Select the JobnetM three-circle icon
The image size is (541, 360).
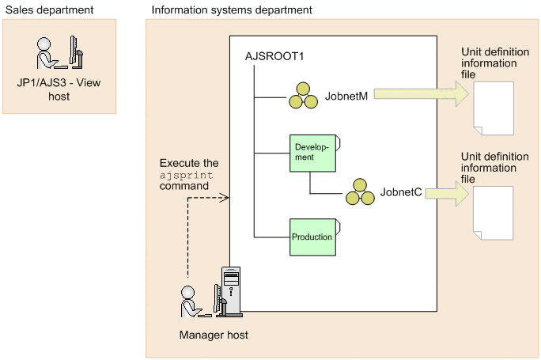tap(300, 96)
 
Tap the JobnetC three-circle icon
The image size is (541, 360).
tap(359, 191)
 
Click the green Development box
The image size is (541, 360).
tap(311, 152)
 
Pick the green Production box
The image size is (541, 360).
tap(311, 237)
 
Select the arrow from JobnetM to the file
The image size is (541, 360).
tap(420, 95)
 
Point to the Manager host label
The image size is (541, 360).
tap(214, 335)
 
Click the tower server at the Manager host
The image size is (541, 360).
tap(229, 292)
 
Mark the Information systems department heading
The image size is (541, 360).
tap(231, 9)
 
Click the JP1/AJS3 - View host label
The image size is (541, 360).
tap(59, 90)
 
